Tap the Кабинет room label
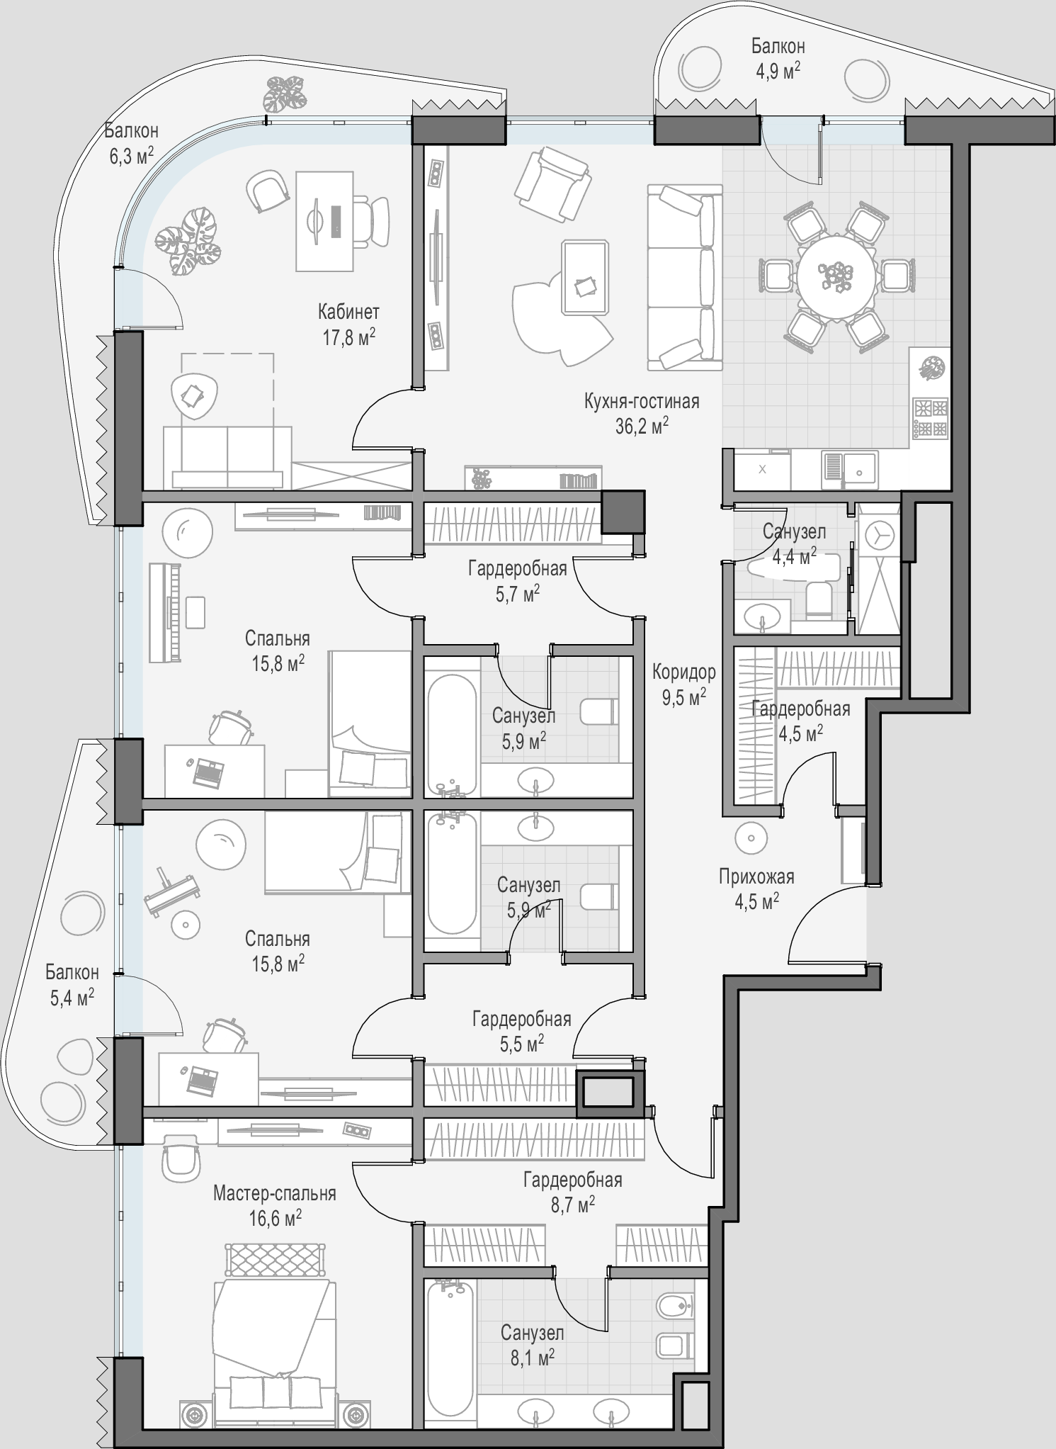click(348, 312)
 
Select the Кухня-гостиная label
click(642, 402)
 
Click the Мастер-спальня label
click(275, 1194)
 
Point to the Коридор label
click(684, 672)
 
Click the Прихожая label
click(756, 877)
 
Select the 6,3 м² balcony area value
click(131, 155)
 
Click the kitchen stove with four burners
click(930, 417)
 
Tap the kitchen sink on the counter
click(850, 468)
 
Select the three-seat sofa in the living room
click(685, 277)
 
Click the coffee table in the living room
click(585, 277)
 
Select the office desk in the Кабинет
click(324, 221)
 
